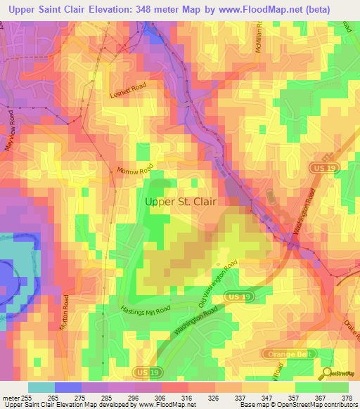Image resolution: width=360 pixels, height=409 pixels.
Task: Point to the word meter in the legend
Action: [10, 398]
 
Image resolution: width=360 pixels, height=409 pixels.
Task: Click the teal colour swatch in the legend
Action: [41, 387]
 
